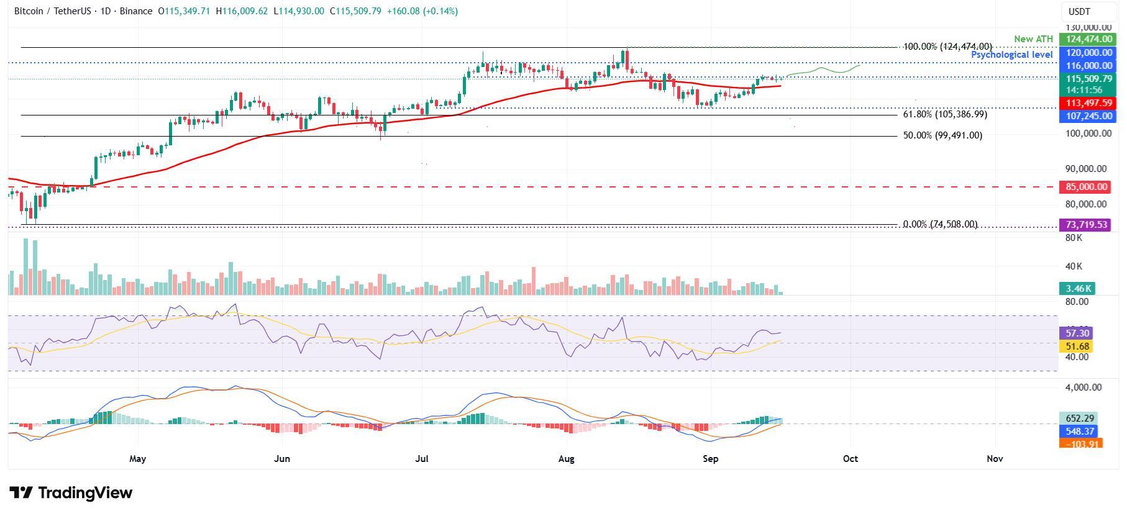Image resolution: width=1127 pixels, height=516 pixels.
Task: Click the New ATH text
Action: pyautogui.click(x=1033, y=39)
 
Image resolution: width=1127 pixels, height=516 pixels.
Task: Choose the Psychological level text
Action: pyautogui.click(x=1011, y=55)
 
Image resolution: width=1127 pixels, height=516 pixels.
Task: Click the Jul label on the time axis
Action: pyautogui.click(x=422, y=459)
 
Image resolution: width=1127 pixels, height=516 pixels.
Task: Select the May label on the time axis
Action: pyautogui.click(x=137, y=459)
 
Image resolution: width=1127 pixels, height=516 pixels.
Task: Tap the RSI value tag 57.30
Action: pyautogui.click(x=1077, y=333)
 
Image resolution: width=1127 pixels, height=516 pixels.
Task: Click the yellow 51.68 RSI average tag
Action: pyautogui.click(x=1077, y=346)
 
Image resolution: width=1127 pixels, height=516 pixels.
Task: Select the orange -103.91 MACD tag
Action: pyautogui.click(x=1080, y=444)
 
